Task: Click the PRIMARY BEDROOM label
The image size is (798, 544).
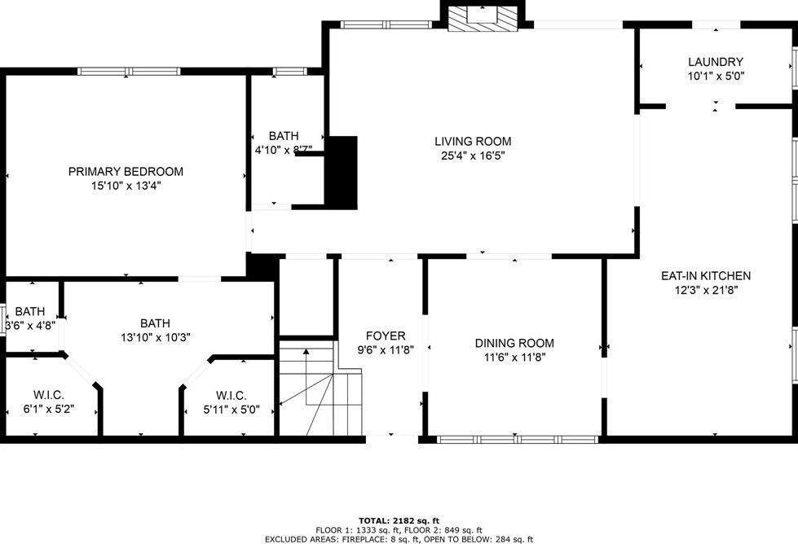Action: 126,172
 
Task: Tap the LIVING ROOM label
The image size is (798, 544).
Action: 473,142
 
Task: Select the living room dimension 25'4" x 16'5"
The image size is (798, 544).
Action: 473,156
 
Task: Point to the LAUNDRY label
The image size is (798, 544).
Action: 715,62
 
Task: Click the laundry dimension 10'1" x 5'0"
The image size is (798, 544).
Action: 715,76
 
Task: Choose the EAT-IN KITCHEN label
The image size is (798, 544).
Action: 706,276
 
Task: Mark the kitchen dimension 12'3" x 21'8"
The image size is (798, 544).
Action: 706,290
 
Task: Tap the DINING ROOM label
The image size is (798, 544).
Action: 514,343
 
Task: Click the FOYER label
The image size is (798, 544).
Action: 385,336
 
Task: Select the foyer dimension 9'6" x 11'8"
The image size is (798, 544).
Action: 385,350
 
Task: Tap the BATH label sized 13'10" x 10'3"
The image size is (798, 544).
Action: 155,322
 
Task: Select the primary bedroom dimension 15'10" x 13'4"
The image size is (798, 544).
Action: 126,186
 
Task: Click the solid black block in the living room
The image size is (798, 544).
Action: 342,173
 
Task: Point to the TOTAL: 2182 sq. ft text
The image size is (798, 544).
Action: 399,520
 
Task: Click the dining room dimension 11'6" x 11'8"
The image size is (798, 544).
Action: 514,357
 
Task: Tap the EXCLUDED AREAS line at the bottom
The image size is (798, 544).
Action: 399,539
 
